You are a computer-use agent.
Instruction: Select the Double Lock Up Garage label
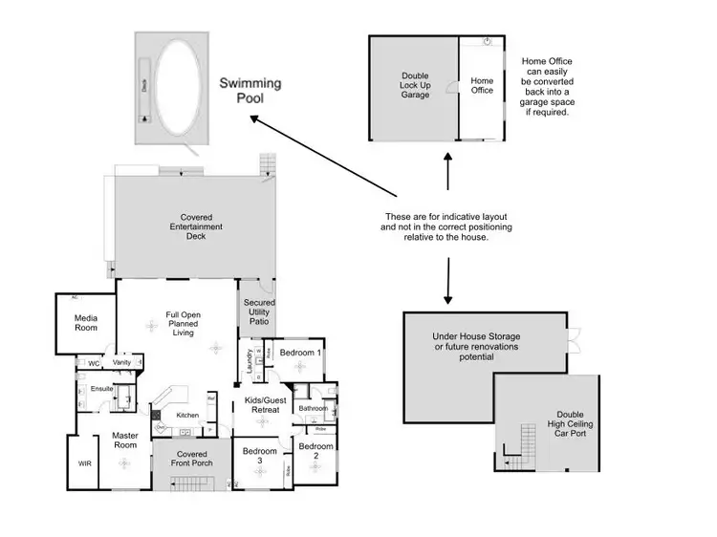(416, 85)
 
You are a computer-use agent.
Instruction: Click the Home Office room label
(482, 86)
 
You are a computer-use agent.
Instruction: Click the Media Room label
(87, 322)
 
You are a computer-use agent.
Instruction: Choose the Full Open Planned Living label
(183, 324)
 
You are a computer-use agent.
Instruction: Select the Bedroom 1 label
(299, 353)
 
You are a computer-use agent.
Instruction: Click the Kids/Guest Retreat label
(261, 404)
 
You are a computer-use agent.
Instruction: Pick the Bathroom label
(313, 408)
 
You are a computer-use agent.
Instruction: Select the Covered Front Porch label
(192, 459)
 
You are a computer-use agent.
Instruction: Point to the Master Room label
(125, 440)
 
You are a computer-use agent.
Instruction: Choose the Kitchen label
(187, 415)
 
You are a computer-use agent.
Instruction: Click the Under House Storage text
(475, 347)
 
